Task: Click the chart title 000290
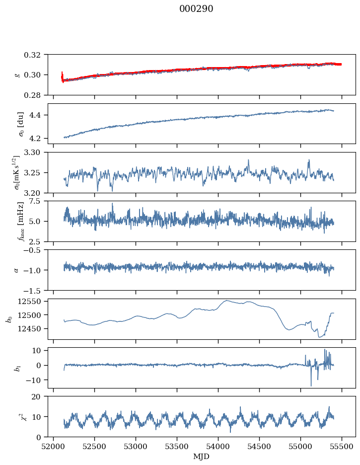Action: point(196,9)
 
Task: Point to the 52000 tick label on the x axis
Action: point(54,446)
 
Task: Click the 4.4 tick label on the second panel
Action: point(39,115)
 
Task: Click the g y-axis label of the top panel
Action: point(18,75)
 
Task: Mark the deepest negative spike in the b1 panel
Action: point(311,386)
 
